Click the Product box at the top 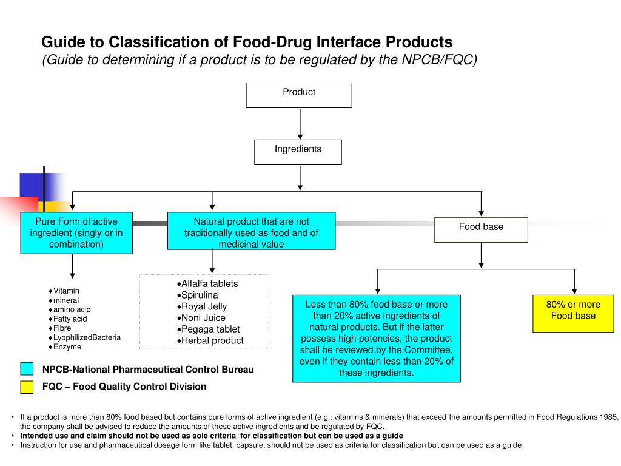click(x=298, y=95)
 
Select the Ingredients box click(x=298, y=152)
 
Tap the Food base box click(x=481, y=229)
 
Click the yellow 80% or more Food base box click(x=573, y=313)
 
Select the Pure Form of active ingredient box click(x=76, y=233)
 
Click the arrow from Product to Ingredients click(x=300, y=124)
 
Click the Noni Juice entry click(x=203, y=318)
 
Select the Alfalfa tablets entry click(x=209, y=283)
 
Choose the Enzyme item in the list click(x=67, y=347)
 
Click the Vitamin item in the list click(x=66, y=291)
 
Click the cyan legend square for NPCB click(x=27, y=369)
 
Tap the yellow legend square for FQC click(x=27, y=387)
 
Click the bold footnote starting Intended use click(x=211, y=436)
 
